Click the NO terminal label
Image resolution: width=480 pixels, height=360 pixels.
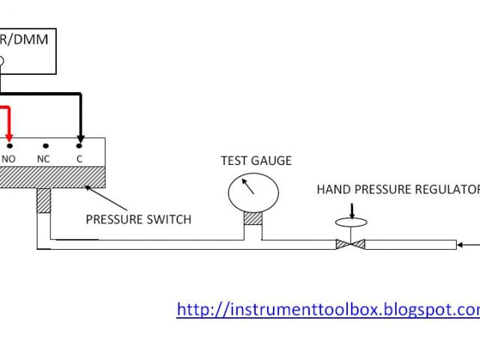click(x=9, y=159)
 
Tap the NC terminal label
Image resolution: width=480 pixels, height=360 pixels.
click(x=43, y=159)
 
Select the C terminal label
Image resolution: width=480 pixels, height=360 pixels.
click(x=79, y=159)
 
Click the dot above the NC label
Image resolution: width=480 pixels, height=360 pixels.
click(x=45, y=145)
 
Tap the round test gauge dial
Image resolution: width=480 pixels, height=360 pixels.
click(x=253, y=192)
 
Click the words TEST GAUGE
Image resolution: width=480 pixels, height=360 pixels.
click(x=256, y=160)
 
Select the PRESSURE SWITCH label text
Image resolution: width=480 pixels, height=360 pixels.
click(x=138, y=220)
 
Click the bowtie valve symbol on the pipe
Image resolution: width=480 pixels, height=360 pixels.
click(x=349, y=243)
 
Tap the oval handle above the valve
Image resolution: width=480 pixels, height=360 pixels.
click(x=349, y=222)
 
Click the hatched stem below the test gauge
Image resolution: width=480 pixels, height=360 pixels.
click(x=253, y=217)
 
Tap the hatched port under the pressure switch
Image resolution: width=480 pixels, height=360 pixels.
click(x=43, y=200)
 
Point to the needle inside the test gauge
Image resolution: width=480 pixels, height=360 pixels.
click(x=248, y=187)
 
